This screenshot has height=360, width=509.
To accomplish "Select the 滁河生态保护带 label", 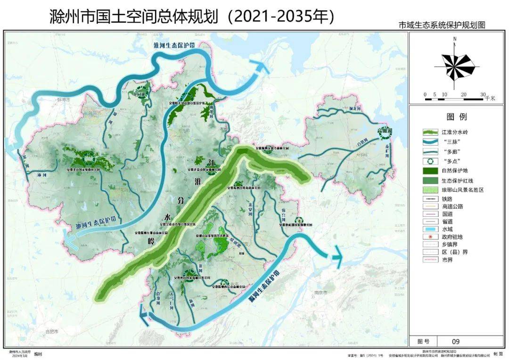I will coord(264,286).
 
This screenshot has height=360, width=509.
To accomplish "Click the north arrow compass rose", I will coord(455,66).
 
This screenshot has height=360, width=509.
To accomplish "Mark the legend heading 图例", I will coord(456,116).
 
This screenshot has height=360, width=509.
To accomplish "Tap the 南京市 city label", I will coord(320,293).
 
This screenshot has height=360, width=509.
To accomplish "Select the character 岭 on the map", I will coord(150,241).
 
